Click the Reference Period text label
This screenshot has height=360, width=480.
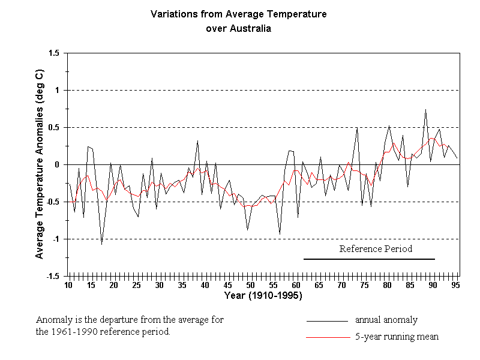pyautogui.click(x=376, y=248)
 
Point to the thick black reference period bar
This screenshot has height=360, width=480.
pyautogui.click(x=369, y=259)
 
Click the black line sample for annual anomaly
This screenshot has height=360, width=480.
pyautogui.click(x=327, y=321)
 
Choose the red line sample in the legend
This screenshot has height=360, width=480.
pyautogui.click(x=327, y=338)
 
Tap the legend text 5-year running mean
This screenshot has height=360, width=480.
pyautogui.click(x=397, y=337)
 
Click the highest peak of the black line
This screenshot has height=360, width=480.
pyautogui.click(x=425, y=110)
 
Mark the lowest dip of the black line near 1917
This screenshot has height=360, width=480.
pyautogui.click(x=101, y=244)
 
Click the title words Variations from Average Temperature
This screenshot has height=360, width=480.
pyautogui.click(x=238, y=14)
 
